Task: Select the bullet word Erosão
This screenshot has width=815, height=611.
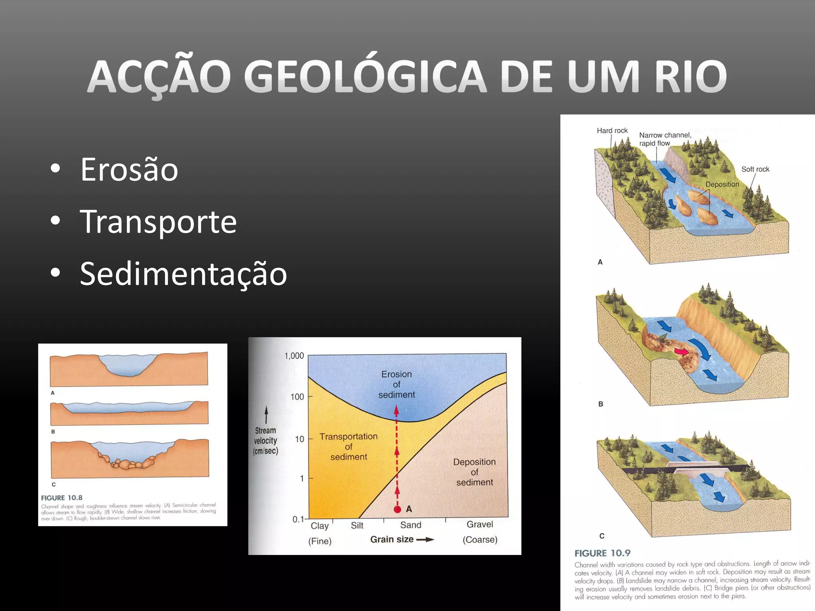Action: [x=129, y=169]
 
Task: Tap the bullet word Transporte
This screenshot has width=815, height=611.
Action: [x=158, y=222]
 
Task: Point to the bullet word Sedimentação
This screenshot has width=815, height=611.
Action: [x=183, y=274]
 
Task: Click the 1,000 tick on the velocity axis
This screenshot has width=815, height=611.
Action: [x=294, y=356]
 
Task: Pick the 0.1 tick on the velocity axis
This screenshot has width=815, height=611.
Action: [x=298, y=519]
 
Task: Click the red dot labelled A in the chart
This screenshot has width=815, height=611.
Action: [x=397, y=510]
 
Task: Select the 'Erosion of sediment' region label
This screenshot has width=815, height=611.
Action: [x=396, y=384]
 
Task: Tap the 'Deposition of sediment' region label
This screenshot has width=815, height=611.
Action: [x=474, y=472]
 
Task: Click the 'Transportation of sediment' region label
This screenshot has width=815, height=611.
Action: [x=349, y=446]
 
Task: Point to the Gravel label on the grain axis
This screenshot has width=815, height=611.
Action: [x=480, y=524]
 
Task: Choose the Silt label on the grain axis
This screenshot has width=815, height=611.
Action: [x=357, y=525]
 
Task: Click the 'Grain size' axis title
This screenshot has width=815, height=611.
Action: [x=392, y=539]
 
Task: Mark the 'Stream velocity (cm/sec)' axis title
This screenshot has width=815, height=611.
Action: [x=265, y=440]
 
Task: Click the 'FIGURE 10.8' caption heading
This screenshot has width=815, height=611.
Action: [x=62, y=498]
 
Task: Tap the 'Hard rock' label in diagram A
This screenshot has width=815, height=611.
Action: [x=612, y=130]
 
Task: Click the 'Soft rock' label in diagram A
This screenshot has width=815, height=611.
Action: [x=755, y=169]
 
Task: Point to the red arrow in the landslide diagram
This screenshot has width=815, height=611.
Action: [x=681, y=352]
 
